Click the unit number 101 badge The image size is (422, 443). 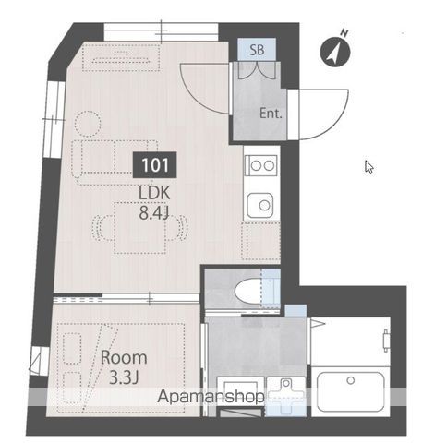point(155,165)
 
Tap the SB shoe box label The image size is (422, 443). point(257,50)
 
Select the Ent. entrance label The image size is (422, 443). point(271,114)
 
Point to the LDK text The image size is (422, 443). point(154,194)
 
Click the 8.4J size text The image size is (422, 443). point(153,213)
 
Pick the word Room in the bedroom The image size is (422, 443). point(124,357)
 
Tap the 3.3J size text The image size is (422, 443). point(124,378)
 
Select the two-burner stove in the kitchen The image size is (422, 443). point(261,165)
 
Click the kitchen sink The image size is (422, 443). point(260,205)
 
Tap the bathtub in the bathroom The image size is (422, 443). point(351,392)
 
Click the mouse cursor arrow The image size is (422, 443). point(369,166)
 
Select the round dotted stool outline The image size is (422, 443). point(88,124)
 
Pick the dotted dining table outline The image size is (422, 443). point(139,228)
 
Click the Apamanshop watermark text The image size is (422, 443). point(211,397)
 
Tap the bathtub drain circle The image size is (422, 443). point(350,380)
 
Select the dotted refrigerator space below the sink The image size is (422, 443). point(260,241)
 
